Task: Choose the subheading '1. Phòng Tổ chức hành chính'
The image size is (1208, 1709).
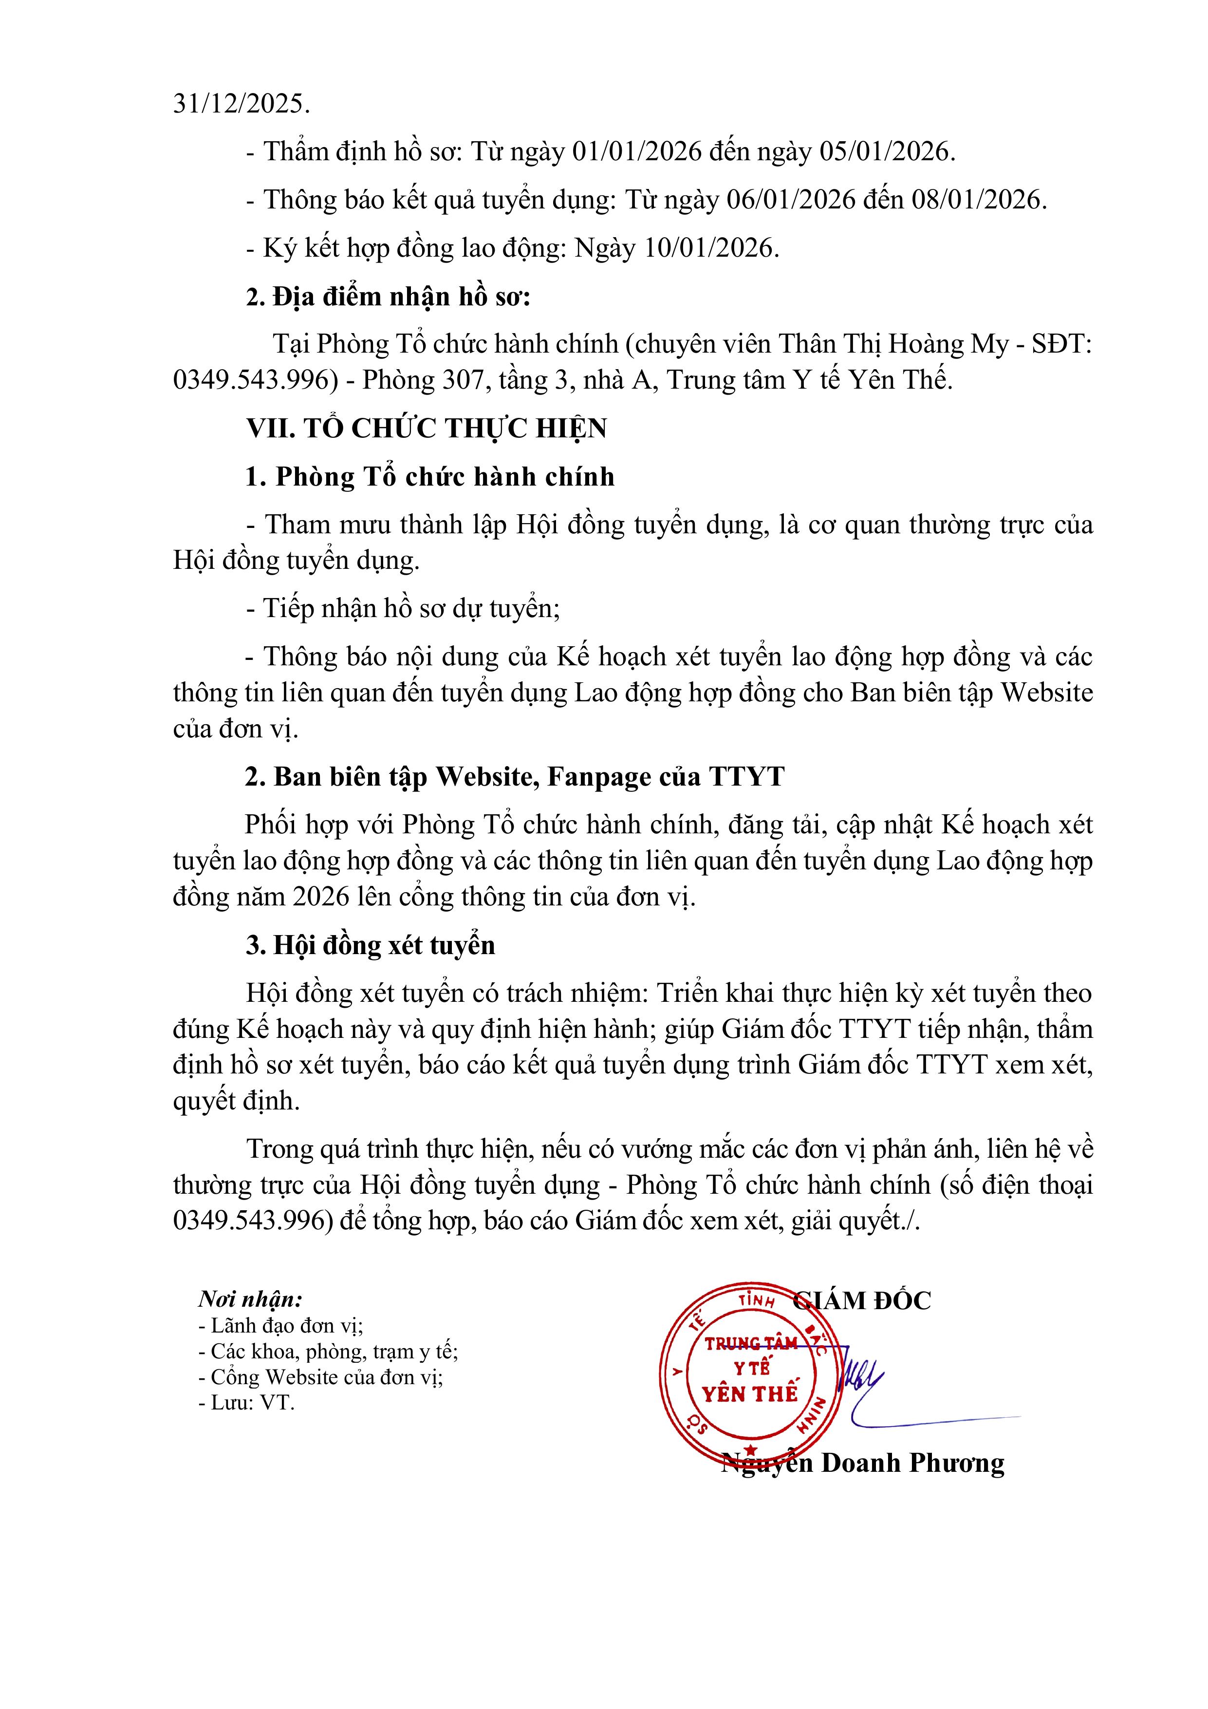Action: tap(430, 476)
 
